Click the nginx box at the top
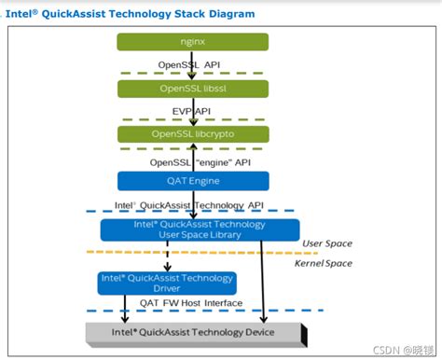[x=193, y=41]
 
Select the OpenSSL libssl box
[x=193, y=88]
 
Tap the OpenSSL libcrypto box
[x=193, y=134]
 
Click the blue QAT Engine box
[x=193, y=181]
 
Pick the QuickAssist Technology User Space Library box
[x=200, y=229]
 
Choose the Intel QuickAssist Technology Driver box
[x=166, y=282]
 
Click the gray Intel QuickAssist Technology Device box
[x=192, y=333]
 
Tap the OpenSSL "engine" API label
[x=200, y=160]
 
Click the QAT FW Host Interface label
[x=191, y=302]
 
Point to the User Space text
[x=326, y=243]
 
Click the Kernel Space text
[x=324, y=265]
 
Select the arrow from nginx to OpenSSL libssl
[x=193, y=65]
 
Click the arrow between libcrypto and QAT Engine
[x=193, y=157]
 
